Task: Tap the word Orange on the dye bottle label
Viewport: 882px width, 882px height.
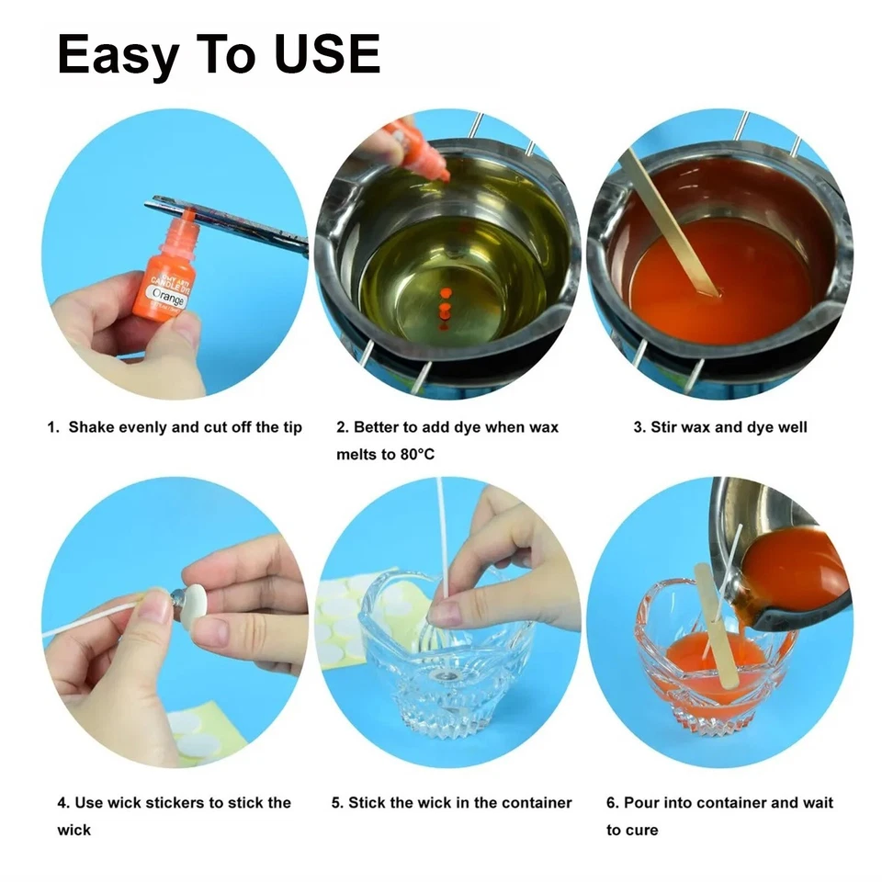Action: tap(169, 298)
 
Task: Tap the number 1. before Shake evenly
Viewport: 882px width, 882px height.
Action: tap(54, 427)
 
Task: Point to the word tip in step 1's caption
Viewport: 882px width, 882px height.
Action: tap(291, 427)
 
